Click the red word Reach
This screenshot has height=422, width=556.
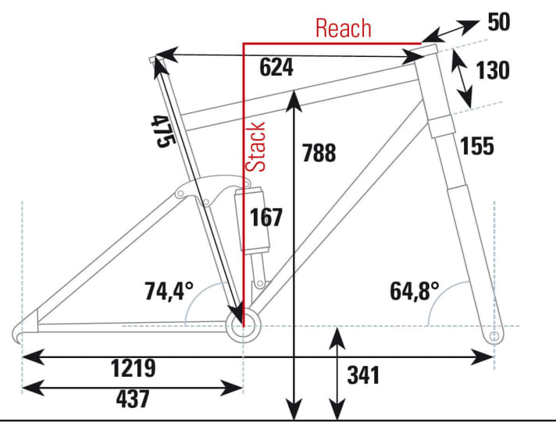click(x=343, y=29)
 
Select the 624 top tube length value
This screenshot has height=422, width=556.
click(x=276, y=68)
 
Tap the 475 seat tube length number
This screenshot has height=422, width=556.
click(x=161, y=132)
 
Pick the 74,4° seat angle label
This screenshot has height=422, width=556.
click(x=168, y=291)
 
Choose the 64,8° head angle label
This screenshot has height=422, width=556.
click(x=415, y=291)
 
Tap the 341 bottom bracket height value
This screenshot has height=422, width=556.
click(x=362, y=374)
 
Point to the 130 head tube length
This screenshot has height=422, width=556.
click(x=492, y=70)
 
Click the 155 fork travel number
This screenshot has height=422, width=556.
click(x=477, y=145)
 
